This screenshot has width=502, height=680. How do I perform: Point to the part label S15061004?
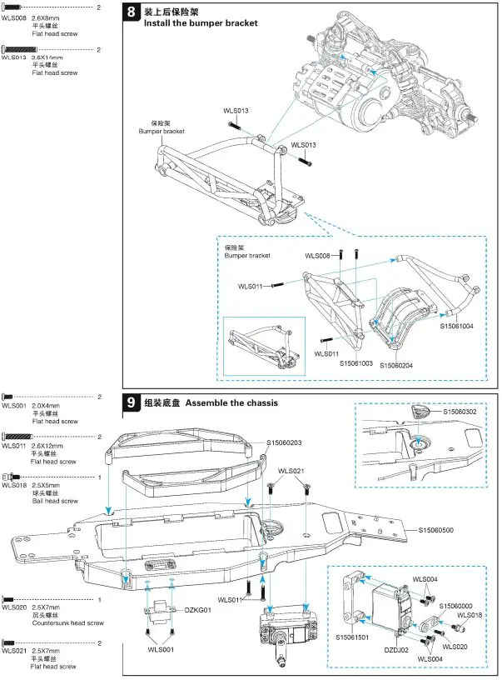456,327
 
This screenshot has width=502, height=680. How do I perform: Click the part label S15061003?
356,363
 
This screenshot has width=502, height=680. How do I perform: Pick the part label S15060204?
397,365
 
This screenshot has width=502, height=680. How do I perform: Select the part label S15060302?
460,412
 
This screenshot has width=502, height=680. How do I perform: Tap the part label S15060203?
284,442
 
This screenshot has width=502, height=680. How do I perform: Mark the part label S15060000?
456,606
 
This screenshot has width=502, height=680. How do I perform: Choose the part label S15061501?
354,637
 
